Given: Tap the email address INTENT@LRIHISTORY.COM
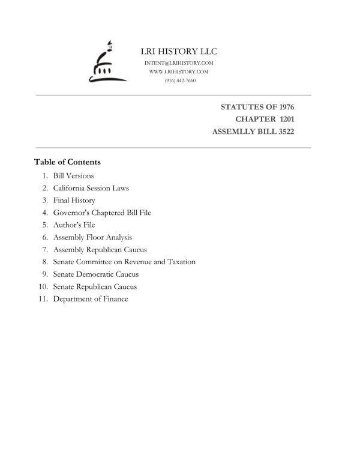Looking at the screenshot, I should pos(179,63).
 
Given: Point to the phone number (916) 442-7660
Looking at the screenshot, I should pos(179,80).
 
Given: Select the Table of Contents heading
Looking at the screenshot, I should pos(67,162).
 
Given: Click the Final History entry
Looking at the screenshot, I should pos(74,201).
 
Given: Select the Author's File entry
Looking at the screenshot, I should pos(74,225).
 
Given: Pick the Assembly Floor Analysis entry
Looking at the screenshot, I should pos(92,237).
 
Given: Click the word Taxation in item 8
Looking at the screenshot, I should pos(181,262).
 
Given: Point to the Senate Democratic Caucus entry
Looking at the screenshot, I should pos(96,274).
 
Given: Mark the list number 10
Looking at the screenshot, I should pos(43,286).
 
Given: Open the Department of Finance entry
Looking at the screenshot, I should pos(91,299).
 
